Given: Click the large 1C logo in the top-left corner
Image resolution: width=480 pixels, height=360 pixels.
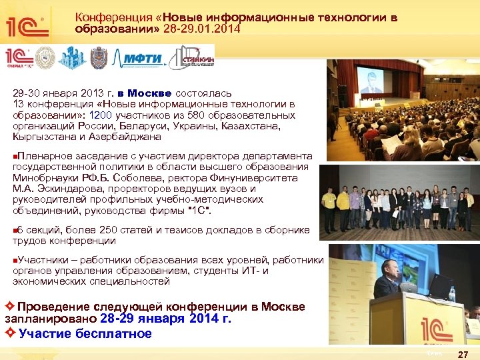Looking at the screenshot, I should click(x=27, y=26).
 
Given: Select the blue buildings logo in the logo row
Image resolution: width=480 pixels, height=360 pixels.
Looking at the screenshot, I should click(x=72, y=58).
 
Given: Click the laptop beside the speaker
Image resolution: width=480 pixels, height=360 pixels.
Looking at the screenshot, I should click(x=439, y=286).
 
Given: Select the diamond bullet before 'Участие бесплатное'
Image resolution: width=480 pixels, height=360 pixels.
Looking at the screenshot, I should click(x=10, y=334).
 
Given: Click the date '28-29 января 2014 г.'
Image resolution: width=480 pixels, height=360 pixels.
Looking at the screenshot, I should click(x=166, y=319).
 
